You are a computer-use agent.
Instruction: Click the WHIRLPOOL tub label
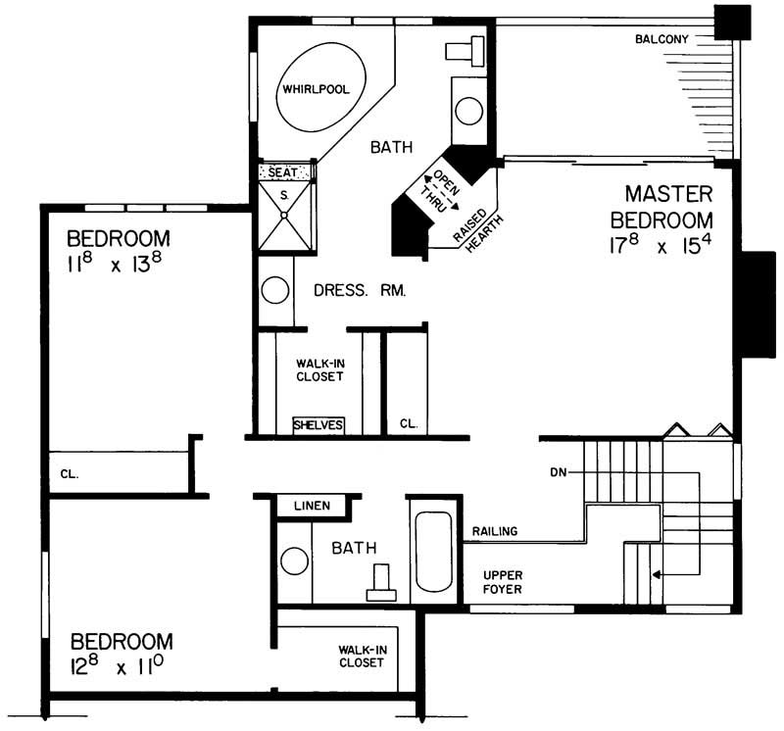(x=316, y=89)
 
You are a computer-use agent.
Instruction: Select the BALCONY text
(x=661, y=39)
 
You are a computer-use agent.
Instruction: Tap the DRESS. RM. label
(x=360, y=291)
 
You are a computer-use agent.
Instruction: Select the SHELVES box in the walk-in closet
(x=318, y=425)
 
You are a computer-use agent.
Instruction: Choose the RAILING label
(x=495, y=532)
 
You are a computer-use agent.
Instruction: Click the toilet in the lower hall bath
(x=380, y=585)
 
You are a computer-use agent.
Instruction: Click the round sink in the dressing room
(x=275, y=291)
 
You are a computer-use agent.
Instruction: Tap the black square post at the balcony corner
(x=730, y=22)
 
